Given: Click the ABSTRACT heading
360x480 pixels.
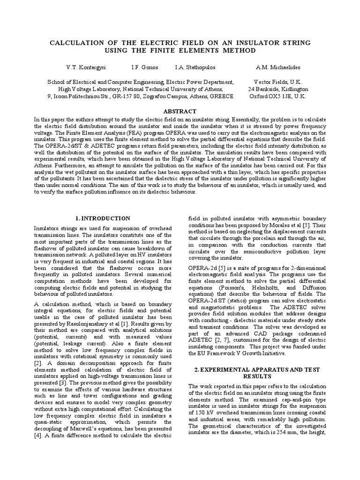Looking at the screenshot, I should (x=180, y=111).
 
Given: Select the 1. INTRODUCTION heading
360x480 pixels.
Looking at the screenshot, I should (x=103, y=218).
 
